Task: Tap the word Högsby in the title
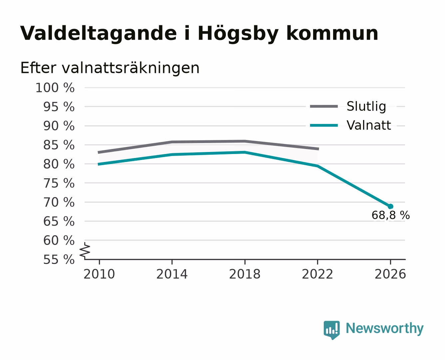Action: tap(238, 33)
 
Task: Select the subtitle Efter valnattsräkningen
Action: tap(110, 68)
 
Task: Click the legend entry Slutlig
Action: tap(366, 107)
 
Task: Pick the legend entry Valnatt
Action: tap(369, 125)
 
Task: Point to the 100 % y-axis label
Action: tap(55, 88)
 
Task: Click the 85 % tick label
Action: tap(59, 145)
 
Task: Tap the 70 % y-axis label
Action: tap(59, 202)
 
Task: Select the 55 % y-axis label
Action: tap(59, 260)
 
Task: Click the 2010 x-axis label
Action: tap(99, 274)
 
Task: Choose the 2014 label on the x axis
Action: tap(172, 274)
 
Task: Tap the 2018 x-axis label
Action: tap(245, 274)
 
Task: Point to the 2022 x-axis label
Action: tap(317, 274)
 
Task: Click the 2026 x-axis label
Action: tap(390, 274)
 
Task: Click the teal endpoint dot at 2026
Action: tap(390, 207)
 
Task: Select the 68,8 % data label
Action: tap(391, 215)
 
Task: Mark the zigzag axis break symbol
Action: tap(85, 250)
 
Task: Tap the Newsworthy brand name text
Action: tap(385, 329)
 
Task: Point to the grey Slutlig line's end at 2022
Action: tap(319, 149)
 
